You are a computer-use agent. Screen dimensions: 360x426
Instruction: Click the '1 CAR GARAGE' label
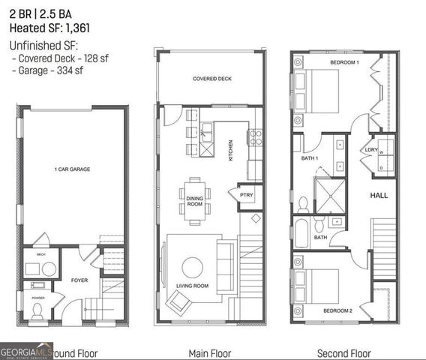(72, 169)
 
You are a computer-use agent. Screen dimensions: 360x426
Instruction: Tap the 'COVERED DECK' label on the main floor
(210, 78)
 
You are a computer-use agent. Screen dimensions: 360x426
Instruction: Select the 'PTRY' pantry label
(247, 194)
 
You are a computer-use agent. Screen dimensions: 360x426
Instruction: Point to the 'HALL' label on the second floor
(379, 194)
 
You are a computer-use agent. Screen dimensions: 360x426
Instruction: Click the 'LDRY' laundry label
(370, 149)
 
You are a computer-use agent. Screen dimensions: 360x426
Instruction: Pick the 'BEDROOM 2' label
(340, 310)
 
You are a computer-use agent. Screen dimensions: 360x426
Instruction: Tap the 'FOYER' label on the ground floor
(79, 280)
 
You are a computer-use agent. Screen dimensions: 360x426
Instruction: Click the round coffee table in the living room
(193, 267)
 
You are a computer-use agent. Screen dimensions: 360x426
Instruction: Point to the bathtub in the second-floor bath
(301, 233)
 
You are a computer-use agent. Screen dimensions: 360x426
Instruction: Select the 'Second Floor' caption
(343, 352)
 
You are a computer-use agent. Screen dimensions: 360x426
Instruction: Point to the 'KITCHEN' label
(231, 151)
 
